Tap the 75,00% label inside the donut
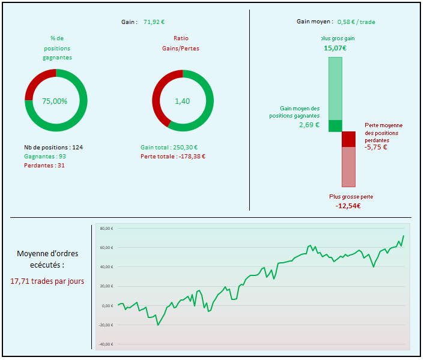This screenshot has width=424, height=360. point(55,101)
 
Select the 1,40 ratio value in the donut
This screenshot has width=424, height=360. point(182,101)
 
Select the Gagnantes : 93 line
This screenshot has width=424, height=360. point(45,156)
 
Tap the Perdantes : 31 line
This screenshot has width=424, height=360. point(44,165)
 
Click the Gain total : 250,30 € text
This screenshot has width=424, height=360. point(169,147)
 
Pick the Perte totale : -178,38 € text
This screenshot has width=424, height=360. point(173,156)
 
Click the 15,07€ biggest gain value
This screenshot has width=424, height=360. point(335,48)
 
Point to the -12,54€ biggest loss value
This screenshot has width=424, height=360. point(348,206)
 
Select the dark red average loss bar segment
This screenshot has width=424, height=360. point(349,139)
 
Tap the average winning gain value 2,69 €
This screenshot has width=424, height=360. point(309,125)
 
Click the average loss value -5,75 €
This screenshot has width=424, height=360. point(376,147)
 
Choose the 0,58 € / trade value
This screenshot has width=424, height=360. point(357,22)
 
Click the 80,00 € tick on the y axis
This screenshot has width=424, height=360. point(106,228)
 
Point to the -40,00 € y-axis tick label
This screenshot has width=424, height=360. point(106,344)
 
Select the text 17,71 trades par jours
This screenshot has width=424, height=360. point(47,280)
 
